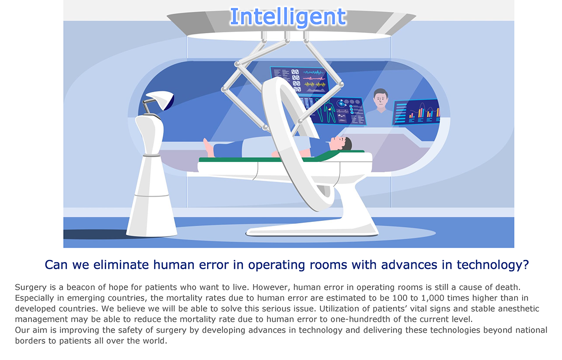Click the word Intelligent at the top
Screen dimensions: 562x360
point(288,17)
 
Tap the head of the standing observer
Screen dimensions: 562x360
point(381,98)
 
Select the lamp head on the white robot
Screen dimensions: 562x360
point(161,100)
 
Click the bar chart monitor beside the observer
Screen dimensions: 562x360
point(416,112)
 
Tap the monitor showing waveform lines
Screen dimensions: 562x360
point(300,80)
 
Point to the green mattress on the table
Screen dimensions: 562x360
point(281,158)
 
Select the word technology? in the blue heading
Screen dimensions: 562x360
point(493,265)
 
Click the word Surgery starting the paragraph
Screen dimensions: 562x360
point(31,287)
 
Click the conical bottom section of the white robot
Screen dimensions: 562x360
point(152,216)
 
